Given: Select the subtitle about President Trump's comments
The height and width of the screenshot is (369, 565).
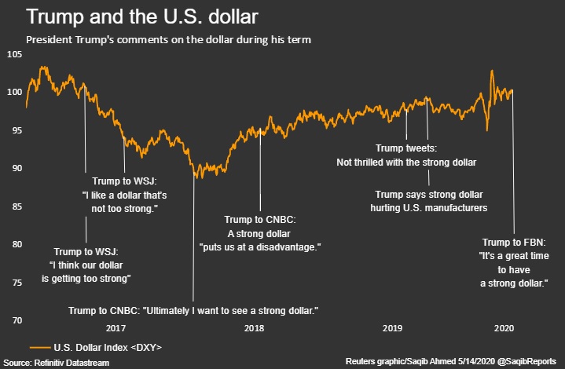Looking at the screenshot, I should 167,38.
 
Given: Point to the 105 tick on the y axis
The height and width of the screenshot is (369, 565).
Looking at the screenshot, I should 15,54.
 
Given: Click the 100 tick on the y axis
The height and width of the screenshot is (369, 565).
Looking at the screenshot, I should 15,92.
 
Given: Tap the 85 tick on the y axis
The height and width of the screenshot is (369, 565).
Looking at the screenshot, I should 15,206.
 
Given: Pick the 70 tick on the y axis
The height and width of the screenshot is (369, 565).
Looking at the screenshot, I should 15,320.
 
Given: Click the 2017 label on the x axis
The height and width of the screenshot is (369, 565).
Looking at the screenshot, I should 116,329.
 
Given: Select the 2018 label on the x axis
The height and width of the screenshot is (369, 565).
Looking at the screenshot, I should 254,329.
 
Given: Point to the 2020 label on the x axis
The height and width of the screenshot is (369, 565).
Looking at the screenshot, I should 505,329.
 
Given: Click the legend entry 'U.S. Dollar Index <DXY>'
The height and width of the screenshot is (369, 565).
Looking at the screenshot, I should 108,346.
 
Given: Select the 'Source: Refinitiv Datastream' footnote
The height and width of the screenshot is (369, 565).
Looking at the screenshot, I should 56,361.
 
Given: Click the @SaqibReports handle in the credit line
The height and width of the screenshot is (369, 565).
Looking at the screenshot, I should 528,361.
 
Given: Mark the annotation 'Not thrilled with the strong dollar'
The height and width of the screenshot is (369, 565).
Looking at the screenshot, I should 406,163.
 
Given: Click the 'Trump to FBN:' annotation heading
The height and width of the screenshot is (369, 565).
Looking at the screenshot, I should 513,242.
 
